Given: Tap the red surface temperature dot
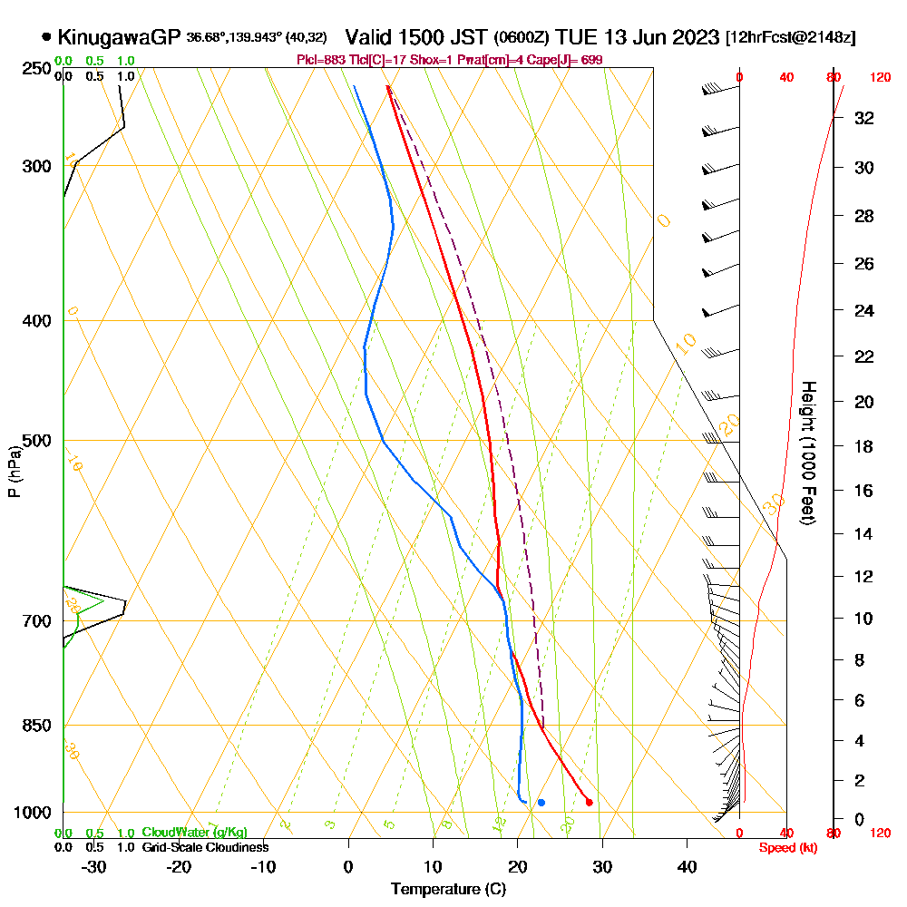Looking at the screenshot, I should (590, 802).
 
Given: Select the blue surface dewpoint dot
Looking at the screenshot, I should (541, 802).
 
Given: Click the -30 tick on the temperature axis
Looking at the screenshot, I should (94, 867).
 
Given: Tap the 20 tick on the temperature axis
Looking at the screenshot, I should (517, 867).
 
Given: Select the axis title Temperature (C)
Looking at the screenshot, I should (448, 890).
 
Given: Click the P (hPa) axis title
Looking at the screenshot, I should (14, 471).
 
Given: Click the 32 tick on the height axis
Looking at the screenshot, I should (863, 118).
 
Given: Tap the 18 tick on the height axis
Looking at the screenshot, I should (863, 446).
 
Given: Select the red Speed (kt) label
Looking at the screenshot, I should (784, 847).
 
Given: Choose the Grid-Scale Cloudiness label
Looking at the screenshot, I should (205, 847).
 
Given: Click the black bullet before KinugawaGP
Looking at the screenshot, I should (46, 37).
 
